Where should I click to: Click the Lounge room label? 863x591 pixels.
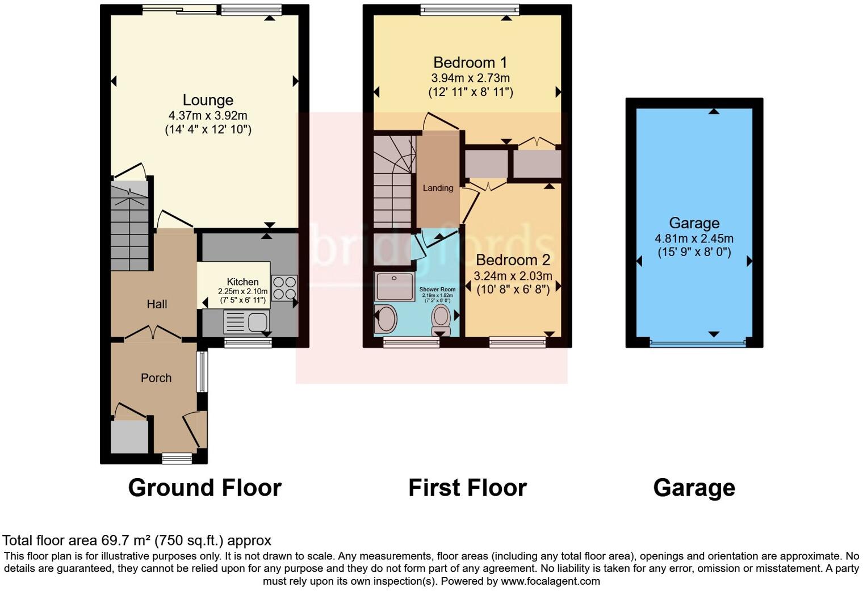coord(208,100)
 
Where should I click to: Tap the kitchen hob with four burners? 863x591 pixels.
coord(284,287)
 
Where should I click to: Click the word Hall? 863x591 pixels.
coord(157,304)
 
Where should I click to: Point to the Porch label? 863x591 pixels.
coord(156,378)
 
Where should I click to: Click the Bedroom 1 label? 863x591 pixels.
coord(470,62)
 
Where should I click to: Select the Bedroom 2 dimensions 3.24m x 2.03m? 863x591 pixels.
coord(513,276)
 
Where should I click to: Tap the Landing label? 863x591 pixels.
coord(438,188)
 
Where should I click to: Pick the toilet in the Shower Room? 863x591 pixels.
coord(441,320)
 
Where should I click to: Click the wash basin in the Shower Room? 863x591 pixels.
coord(386,318)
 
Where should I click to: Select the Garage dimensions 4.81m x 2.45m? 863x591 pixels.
coord(694,239)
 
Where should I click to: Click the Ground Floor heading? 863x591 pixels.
coord(204,488)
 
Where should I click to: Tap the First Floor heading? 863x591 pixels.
coord(467,488)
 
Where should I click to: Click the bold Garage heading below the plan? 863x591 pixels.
coord(694,488)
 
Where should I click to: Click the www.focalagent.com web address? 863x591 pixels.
coord(550,581)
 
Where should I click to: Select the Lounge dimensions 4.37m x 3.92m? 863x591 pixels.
coord(208,116)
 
